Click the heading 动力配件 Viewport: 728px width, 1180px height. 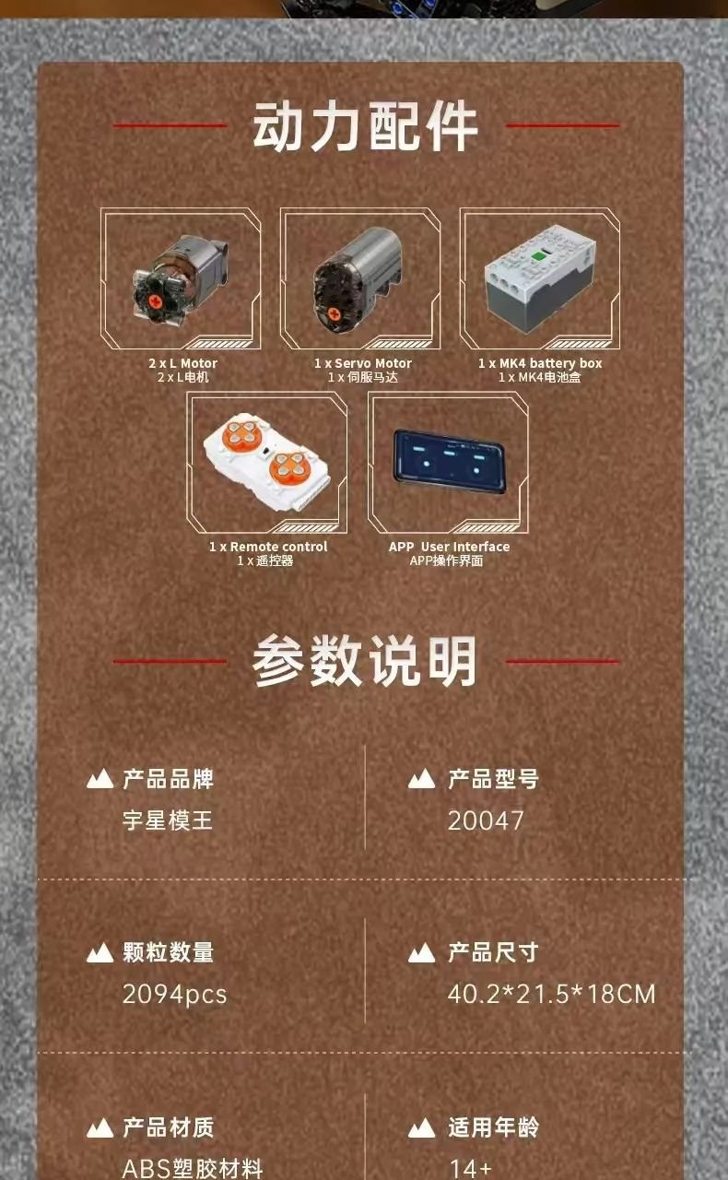tap(365, 126)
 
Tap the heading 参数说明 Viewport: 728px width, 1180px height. tap(365, 660)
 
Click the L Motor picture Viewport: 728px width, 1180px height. tap(181, 279)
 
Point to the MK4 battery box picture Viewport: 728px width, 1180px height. tap(539, 277)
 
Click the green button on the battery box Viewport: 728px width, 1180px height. tap(538, 257)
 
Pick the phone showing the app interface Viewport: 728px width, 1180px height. tap(449, 461)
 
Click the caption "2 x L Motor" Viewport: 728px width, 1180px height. tap(182, 363)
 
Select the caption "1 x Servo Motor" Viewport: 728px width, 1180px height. tap(363, 363)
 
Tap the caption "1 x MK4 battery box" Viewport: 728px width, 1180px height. tap(540, 363)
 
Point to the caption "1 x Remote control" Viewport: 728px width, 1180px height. tap(268, 547)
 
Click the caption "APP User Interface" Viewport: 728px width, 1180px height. tap(450, 547)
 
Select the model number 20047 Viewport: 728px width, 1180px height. tap(486, 820)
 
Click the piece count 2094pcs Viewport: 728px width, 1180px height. tap(174, 995)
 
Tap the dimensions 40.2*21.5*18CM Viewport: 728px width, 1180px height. tap(552, 994)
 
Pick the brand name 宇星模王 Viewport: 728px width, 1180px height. tap(168, 820)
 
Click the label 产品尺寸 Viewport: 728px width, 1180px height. tap(493, 952)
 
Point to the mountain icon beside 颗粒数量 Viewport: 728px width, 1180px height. tap(100, 953)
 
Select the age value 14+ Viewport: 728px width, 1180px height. tap(470, 1168)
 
